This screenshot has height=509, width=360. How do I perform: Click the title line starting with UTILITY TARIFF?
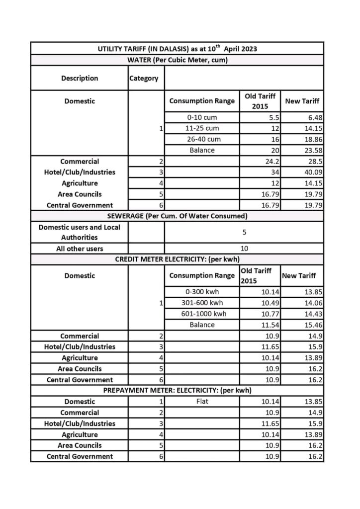[178, 49]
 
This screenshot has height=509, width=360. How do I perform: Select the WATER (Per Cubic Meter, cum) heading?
[178, 60]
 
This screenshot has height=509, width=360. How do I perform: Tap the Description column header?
[80, 78]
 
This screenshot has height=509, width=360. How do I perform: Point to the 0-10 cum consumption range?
[202, 118]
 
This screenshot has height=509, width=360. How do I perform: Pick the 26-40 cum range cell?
[202, 140]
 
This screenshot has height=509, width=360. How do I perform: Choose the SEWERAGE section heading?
[178, 216]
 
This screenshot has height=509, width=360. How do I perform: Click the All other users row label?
[80, 249]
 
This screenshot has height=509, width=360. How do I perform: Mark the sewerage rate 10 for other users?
[244, 249]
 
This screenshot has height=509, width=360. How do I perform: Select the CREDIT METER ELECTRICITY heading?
[178, 259]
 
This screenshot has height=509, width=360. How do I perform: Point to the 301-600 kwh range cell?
[202, 303]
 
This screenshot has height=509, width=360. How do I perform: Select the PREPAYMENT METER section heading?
[178, 391]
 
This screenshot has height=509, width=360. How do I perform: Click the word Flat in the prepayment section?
[202, 402]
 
